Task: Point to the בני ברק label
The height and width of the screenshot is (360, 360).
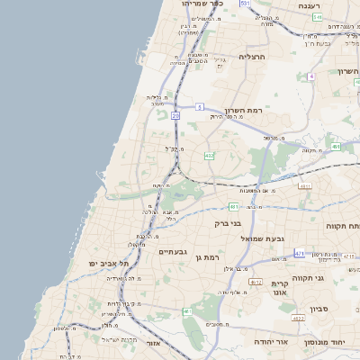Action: [x=227, y=223]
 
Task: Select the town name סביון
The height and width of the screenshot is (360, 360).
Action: [x=320, y=310]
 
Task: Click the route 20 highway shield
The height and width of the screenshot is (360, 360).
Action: [x=175, y=116]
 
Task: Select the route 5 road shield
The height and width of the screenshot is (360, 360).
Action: [x=198, y=106]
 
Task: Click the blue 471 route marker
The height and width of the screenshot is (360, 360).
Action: [x=298, y=253]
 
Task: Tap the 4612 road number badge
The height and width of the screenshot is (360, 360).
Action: [x=255, y=282]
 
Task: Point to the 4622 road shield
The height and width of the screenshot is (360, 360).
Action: [x=298, y=319]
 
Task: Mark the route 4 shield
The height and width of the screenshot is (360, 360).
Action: [x=311, y=76]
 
